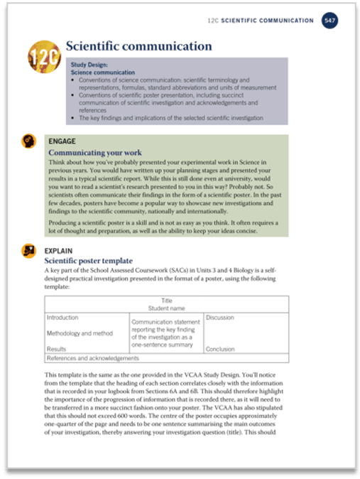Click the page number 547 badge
coord(329,21)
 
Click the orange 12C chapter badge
coord(44,55)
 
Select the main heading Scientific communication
coord(138,46)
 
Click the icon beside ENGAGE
coord(29,141)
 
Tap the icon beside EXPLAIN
coord(29,250)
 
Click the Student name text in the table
coord(167,308)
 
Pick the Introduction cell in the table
coord(62,318)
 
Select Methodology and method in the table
coord(80,333)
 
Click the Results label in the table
coord(57,349)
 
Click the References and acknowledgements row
coord(92,359)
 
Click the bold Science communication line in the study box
coord(104,72)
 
